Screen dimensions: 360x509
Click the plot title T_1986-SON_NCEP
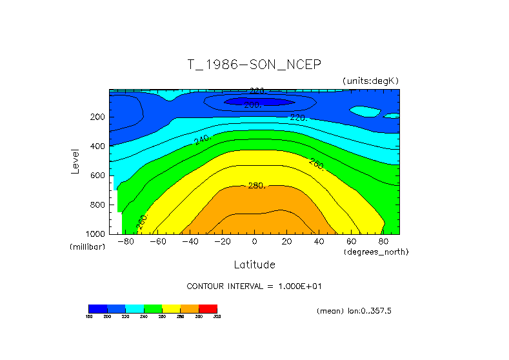(254, 65)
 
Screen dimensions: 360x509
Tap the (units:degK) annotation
(370, 81)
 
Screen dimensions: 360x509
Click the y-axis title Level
(76, 161)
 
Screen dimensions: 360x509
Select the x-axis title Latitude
(254, 265)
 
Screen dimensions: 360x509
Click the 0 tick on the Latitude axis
(254, 242)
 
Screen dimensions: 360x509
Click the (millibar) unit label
(87, 247)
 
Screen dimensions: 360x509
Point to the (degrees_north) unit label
(376, 252)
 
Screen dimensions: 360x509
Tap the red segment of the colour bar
(208, 308)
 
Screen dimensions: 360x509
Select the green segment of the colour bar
(153, 308)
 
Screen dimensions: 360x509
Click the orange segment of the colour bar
(190, 308)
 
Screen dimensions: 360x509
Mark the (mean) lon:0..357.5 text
(354, 311)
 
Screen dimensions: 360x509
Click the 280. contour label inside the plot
(257, 186)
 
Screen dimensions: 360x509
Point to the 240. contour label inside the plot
(203, 140)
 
